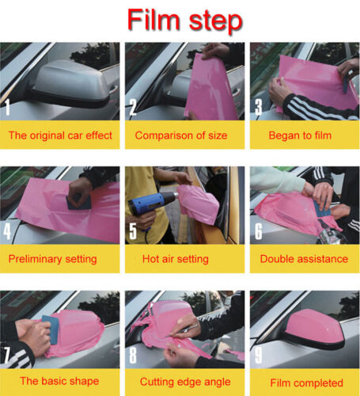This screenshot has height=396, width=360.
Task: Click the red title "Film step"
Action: click(x=184, y=20)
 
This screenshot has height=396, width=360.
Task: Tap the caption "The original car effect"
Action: click(x=60, y=135)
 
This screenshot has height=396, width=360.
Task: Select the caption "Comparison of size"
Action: click(x=181, y=135)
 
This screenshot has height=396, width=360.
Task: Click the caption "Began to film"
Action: click(x=300, y=135)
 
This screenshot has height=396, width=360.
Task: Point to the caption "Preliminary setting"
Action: click(x=52, y=259)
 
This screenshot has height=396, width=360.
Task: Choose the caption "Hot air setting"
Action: click(x=176, y=259)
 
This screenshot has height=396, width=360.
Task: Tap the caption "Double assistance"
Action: click(x=304, y=259)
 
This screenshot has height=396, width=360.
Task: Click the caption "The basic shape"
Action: click(x=59, y=381)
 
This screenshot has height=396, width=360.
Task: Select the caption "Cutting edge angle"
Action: click(x=185, y=382)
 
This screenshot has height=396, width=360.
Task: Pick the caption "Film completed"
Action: click(x=306, y=383)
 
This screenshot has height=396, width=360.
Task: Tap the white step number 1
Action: click(x=7, y=107)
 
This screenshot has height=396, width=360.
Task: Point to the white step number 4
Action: click(x=7, y=231)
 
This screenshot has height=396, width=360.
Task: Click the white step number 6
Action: click(x=259, y=231)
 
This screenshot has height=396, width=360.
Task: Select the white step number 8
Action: click(x=133, y=355)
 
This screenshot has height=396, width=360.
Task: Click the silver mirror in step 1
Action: click(x=70, y=83)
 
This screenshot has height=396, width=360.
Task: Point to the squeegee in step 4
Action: click(x=78, y=203)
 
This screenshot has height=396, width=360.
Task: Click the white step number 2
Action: click(x=133, y=107)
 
